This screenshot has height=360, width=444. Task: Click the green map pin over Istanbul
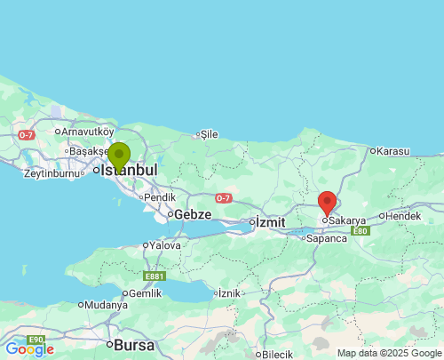click(x=118, y=156)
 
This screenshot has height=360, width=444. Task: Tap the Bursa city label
click(x=133, y=344)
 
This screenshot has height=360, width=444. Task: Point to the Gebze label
click(x=193, y=214)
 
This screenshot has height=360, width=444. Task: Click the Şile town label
click(x=209, y=134)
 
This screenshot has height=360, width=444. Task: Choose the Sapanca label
click(x=325, y=238)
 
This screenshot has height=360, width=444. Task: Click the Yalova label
click(x=165, y=245)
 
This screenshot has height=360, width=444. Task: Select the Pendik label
click(x=159, y=197)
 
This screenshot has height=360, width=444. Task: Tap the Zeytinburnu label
click(x=52, y=173)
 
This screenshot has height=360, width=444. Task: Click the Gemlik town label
click(x=145, y=293)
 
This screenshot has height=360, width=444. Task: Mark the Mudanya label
click(x=107, y=305)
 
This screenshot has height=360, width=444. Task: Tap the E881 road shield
click(x=153, y=276)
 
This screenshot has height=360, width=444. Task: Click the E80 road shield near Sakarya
click(x=359, y=231)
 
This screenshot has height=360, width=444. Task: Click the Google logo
click(x=28, y=350)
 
